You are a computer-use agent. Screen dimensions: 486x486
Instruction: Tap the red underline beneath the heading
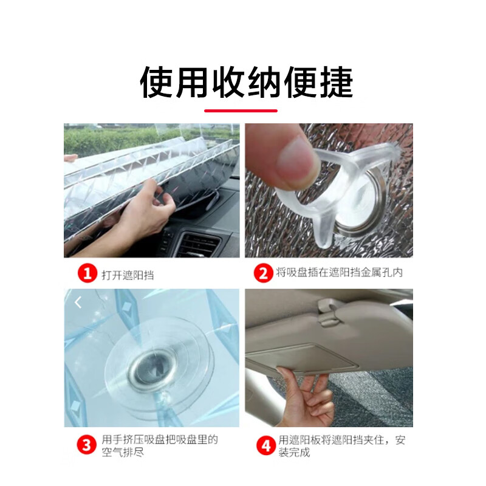coord(241,111)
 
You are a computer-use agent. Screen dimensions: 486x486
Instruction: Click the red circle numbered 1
coord(87,274)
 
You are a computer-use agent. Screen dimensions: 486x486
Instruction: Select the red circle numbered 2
coord(263,273)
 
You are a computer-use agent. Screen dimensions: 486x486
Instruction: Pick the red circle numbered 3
coord(87,445)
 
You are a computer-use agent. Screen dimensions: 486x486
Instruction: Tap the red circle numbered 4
coord(265,446)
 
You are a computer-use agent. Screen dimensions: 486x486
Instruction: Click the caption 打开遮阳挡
coord(128,275)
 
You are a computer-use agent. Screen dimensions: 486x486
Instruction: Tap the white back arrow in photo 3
coord(78,302)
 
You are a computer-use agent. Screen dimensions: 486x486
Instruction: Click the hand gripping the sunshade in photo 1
coord(140,219)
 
